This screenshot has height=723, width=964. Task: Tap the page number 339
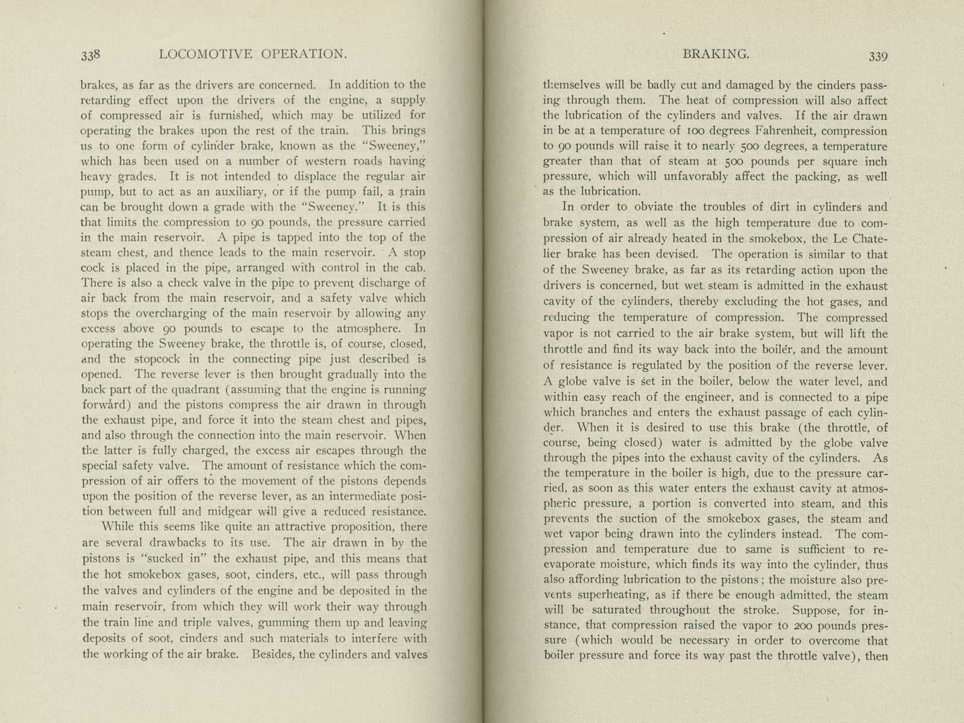(877, 56)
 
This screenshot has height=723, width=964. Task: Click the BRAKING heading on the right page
(716, 54)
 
